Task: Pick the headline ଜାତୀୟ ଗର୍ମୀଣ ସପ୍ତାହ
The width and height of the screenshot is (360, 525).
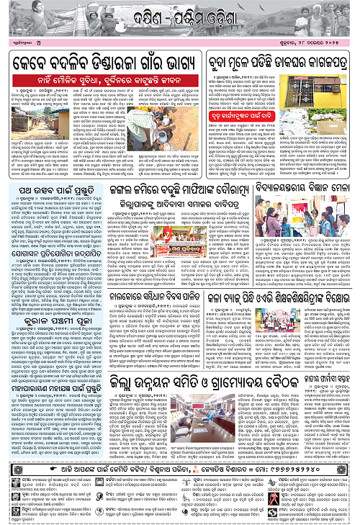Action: [x=316, y=401]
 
